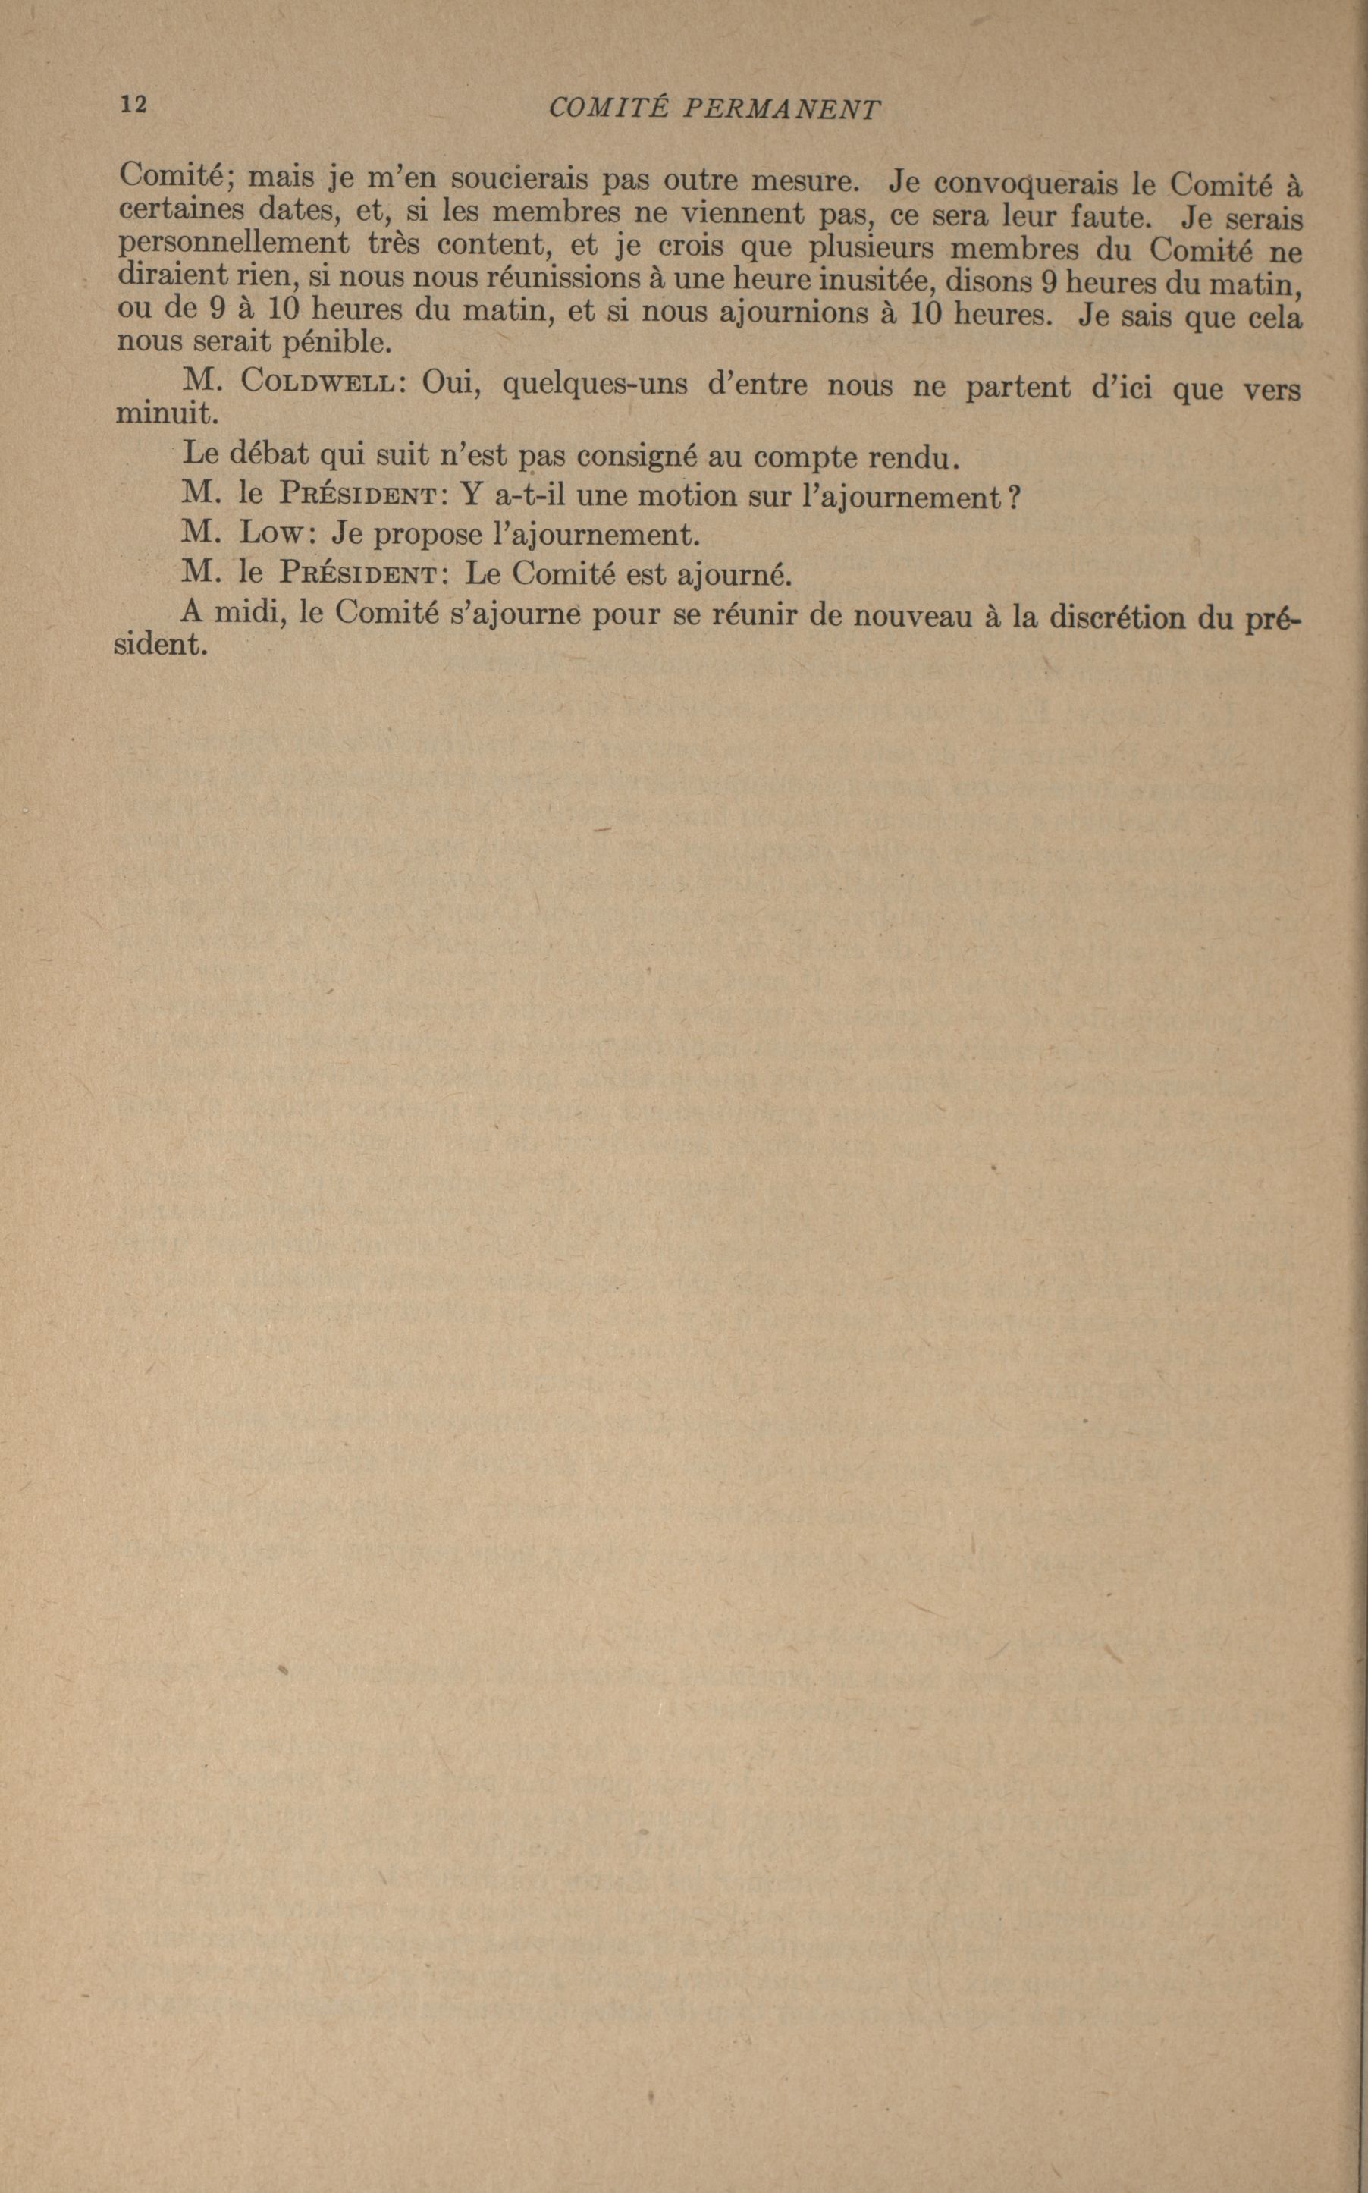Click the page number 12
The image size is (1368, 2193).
(133, 104)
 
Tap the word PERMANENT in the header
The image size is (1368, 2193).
(780, 109)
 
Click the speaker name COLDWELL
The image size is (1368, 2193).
(318, 383)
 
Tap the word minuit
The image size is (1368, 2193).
(168, 414)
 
